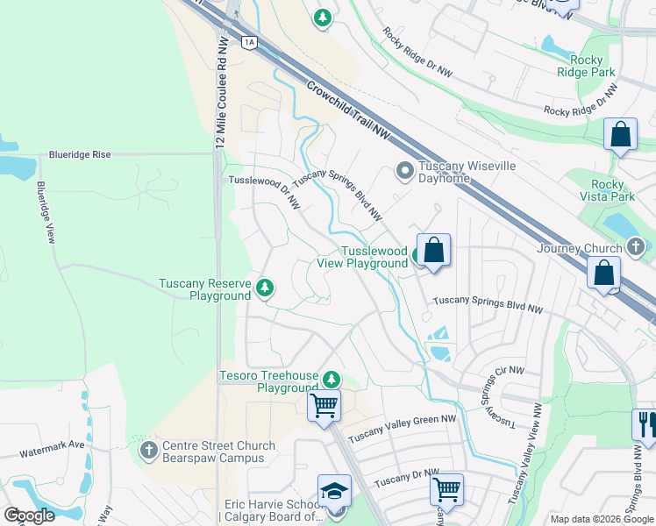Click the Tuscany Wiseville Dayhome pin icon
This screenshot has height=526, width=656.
(404, 170)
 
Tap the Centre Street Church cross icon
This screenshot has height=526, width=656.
(148, 451)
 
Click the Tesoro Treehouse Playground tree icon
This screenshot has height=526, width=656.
(331, 380)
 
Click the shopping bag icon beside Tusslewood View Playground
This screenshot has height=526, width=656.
(433, 251)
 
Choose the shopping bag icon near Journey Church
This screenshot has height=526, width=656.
(604, 273)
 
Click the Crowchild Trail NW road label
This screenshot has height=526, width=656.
(348, 109)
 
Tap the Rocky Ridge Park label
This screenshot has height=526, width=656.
(587, 66)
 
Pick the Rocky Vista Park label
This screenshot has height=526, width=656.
(612, 190)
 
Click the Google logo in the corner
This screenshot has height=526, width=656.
(29, 515)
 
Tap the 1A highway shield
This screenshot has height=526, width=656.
(249, 41)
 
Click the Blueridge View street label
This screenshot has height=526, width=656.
(46, 212)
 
